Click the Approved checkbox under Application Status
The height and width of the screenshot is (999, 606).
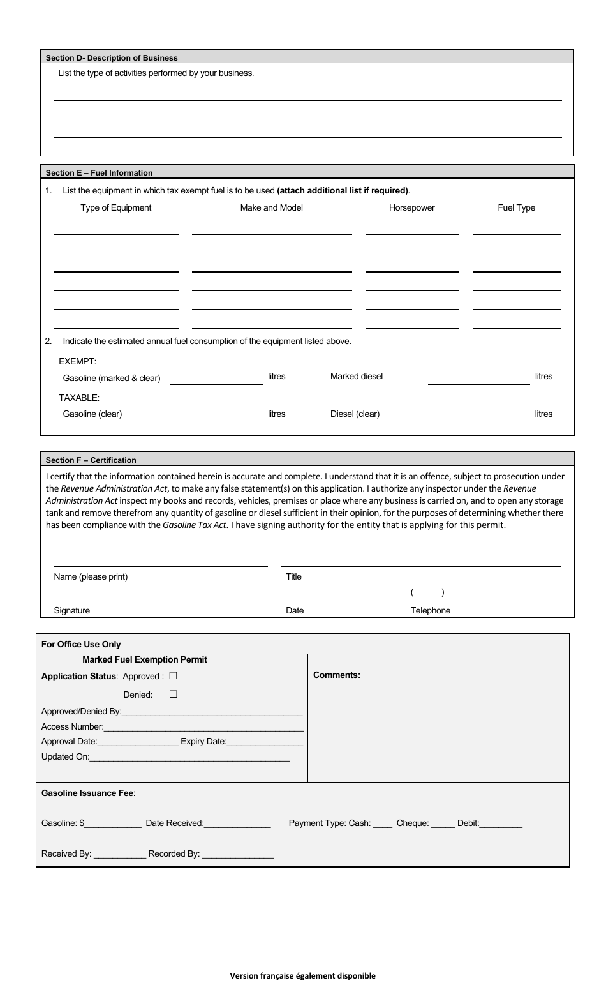click(174, 675)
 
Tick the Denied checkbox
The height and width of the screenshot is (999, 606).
click(174, 694)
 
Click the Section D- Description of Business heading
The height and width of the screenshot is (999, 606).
click(112, 57)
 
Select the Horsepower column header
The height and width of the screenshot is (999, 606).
click(411, 207)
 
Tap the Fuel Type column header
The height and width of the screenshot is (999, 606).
click(516, 207)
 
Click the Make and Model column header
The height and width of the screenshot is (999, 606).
click(271, 207)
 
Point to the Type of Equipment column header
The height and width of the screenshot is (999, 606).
click(116, 207)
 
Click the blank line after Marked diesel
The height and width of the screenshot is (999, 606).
click(478, 380)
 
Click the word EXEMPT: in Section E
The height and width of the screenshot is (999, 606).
click(77, 361)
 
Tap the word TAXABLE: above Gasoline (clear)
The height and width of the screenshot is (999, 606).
click(79, 398)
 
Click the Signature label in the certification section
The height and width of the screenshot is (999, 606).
click(71, 610)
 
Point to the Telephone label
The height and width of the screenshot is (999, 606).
click(430, 610)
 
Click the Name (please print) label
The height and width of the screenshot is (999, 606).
click(91, 576)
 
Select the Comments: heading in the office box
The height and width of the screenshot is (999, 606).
click(336, 675)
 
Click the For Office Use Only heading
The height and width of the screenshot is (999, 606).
click(81, 644)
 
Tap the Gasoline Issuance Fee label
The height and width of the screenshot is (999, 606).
click(88, 793)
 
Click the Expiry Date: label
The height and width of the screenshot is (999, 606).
click(203, 741)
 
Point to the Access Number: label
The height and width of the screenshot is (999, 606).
click(72, 726)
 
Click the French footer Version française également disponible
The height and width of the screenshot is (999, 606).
click(302, 975)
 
